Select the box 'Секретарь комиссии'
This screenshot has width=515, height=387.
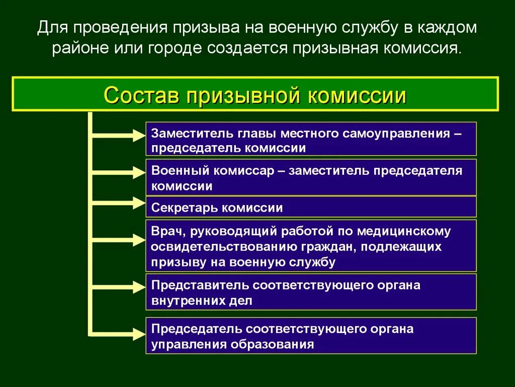311,207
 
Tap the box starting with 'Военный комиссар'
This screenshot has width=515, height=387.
311,177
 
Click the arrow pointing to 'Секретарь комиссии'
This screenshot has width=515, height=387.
118,203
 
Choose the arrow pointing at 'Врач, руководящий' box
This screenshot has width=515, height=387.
118,240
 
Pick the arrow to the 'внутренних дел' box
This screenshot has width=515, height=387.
118,286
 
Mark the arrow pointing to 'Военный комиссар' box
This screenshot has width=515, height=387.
118,172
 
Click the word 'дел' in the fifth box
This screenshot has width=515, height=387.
240,301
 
